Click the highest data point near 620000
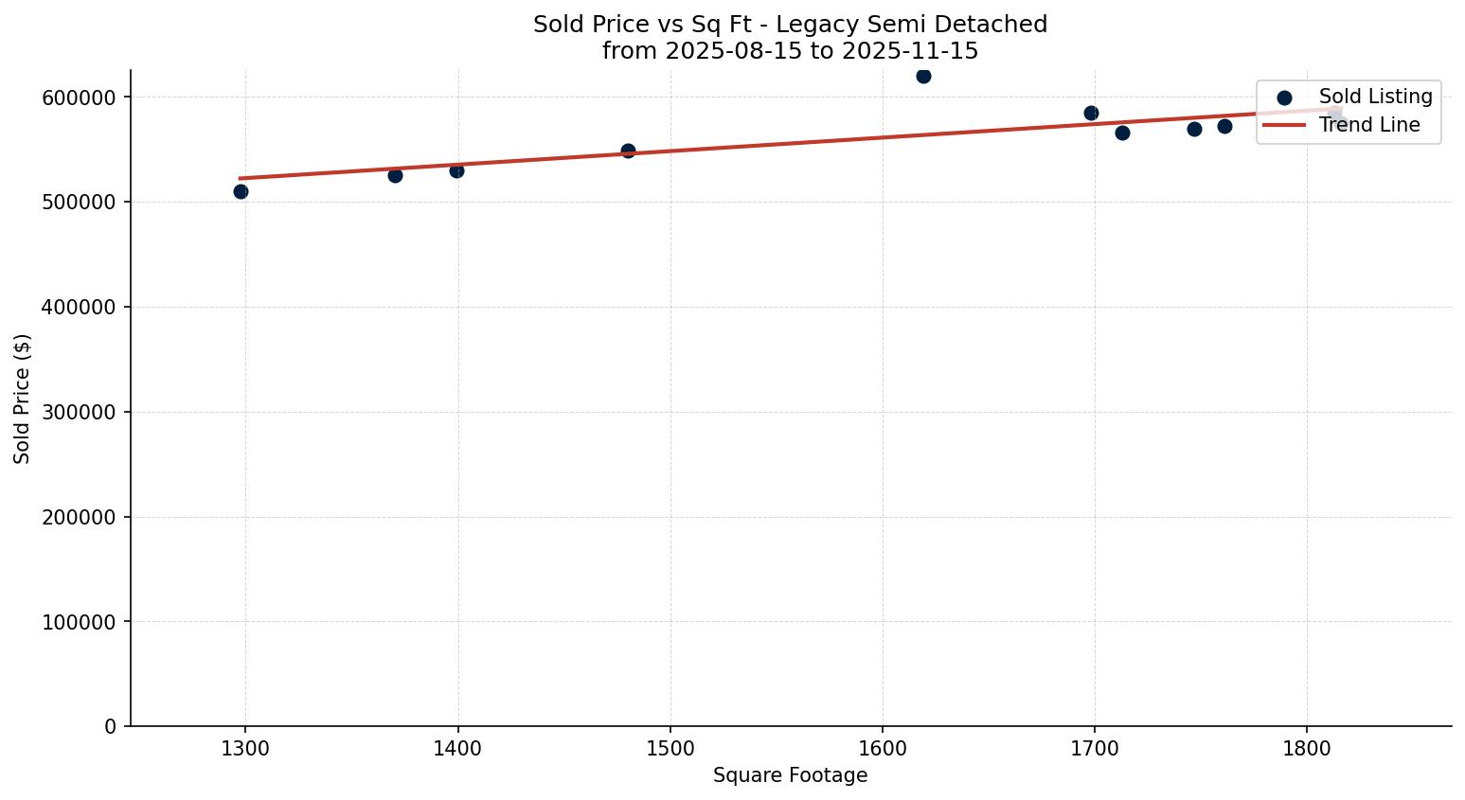tap(923, 76)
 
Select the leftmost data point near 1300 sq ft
tap(241, 191)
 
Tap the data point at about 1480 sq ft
tap(628, 151)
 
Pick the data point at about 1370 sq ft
tap(395, 175)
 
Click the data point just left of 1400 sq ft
tap(456, 170)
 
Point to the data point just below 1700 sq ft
tap(1091, 113)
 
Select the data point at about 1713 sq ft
tap(1122, 133)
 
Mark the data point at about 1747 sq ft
tap(1194, 129)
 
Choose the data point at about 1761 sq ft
tap(1224, 126)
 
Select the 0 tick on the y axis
tap(110, 726)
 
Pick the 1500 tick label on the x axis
tap(670, 748)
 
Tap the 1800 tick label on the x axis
tap(1307, 748)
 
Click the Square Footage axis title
tap(790, 775)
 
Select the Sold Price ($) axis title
tap(23, 399)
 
